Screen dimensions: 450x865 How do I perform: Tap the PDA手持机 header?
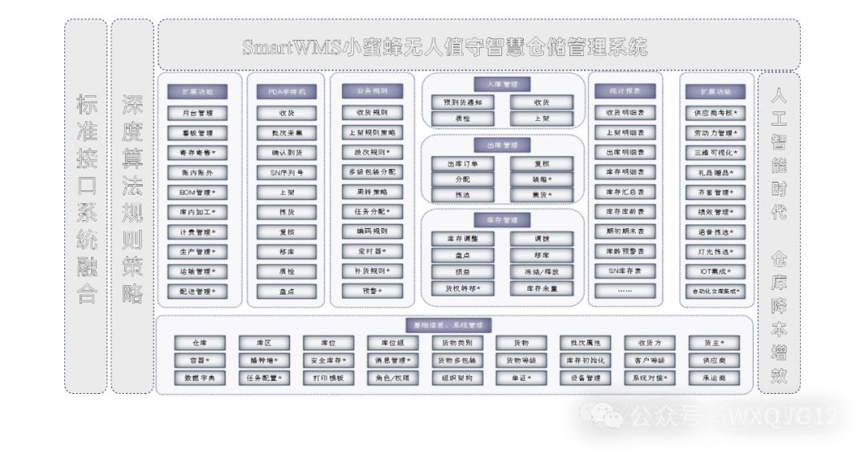(287, 91)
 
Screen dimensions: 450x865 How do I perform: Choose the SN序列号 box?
(287, 172)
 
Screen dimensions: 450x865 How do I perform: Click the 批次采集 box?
(287, 133)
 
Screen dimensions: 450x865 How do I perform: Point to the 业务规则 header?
(372, 91)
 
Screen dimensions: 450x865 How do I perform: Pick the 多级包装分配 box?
(372, 172)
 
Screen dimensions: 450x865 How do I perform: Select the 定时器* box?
(372, 251)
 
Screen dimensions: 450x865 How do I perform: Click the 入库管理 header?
(502, 84)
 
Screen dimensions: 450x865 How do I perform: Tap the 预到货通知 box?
(463, 102)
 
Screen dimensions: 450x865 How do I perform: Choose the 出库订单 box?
(463, 164)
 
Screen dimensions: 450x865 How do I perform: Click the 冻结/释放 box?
(541, 271)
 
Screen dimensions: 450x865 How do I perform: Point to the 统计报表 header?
(626, 91)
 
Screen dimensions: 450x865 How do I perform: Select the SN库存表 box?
(626, 271)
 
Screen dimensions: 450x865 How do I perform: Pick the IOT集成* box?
(715, 271)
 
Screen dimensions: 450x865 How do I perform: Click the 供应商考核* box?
(715, 113)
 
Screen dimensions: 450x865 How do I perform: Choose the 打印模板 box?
(328, 378)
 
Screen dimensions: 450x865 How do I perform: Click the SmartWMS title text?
(445, 47)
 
